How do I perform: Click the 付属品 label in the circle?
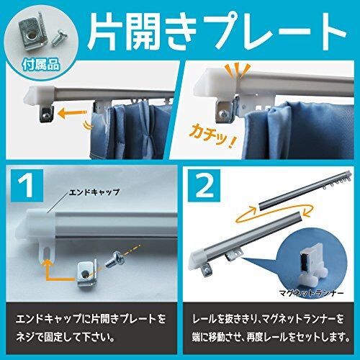click(41, 65)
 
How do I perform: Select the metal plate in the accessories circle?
click(35, 33)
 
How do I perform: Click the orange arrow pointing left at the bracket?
click(73, 113)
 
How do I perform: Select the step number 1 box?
click(27, 185)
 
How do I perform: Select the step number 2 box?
click(204, 185)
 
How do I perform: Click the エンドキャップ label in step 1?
click(94, 192)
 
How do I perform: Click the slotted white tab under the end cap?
click(46, 251)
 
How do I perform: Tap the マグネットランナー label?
click(311, 293)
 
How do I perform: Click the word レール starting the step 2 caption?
click(204, 319)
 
